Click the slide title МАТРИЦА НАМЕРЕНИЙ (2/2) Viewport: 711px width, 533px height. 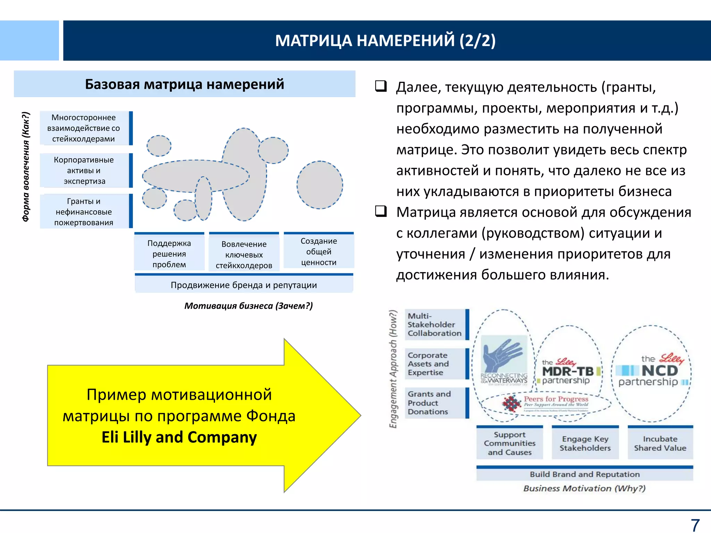coord(385,41)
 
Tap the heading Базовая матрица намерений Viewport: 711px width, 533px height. coord(184,84)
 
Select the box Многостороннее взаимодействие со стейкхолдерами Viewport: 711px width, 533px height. coord(84,128)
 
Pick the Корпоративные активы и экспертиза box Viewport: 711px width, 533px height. coord(84,170)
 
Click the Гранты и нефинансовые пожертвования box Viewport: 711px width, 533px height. coord(84,212)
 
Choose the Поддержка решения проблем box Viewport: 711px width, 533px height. coord(169,254)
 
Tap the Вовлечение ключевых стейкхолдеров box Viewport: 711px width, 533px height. coord(244,255)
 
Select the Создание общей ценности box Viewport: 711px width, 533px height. coord(319,252)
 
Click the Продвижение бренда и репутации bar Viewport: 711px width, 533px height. coord(244,285)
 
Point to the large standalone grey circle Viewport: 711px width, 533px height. coord(320,185)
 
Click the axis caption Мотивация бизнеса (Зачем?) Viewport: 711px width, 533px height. coord(249,306)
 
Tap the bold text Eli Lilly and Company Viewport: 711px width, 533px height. coord(179,437)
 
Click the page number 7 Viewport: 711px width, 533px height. coord(695,525)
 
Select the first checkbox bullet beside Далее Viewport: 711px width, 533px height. coord(381,86)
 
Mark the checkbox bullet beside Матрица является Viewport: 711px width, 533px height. coord(381,211)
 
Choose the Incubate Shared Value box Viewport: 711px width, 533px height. coord(660,443)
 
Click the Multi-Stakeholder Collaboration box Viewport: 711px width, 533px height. coord(435,324)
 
